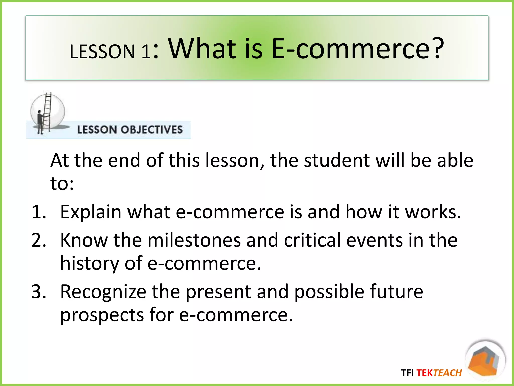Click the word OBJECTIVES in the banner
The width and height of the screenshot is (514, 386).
tap(152, 130)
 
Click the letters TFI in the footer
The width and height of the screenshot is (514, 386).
tap(407, 373)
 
